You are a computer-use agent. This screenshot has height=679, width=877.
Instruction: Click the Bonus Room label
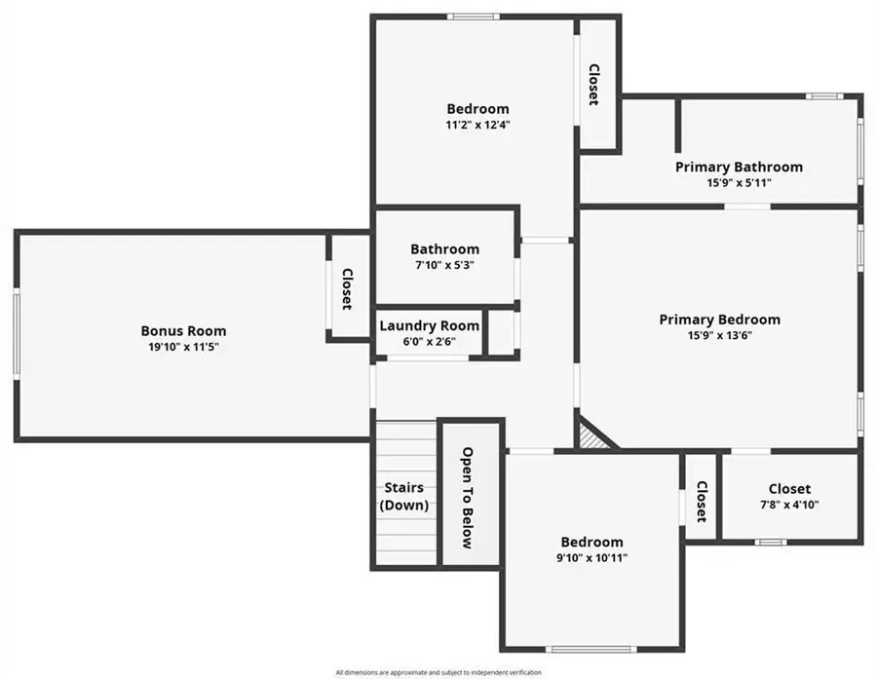tap(183, 331)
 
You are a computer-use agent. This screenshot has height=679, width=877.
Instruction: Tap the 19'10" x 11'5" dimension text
tap(183, 347)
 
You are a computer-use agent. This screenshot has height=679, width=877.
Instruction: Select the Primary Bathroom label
tap(739, 167)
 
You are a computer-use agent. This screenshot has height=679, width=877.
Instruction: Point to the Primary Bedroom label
tap(719, 320)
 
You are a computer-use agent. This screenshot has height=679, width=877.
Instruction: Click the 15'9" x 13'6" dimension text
tap(719, 335)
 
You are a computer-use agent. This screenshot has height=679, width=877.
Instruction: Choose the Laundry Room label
tap(429, 326)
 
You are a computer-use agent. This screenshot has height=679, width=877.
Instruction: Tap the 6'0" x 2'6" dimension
tap(429, 341)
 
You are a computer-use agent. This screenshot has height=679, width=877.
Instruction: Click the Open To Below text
tap(468, 498)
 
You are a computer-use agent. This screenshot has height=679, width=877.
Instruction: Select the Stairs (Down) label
tap(404, 496)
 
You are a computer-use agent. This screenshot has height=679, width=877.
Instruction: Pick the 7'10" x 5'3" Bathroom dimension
tap(444, 265)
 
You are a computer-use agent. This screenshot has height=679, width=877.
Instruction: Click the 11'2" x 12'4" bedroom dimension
tap(477, 125)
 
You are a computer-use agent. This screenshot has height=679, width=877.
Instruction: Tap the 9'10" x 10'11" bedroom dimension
tap(591, 558)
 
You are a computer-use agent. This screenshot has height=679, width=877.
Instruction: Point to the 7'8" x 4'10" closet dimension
tap(788, 505)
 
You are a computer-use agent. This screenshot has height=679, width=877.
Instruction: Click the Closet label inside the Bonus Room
tap(346, 289)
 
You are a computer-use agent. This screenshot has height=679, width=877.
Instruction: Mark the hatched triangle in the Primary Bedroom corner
tap(591, 436)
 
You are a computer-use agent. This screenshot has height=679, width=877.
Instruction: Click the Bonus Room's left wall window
tap(17, 333)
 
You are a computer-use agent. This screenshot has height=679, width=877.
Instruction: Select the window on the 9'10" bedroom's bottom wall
tap(591, 649)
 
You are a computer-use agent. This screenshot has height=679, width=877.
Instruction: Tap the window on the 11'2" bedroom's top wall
tap(474, 17)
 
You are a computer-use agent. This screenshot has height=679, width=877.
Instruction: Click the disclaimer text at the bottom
tap(438, 671)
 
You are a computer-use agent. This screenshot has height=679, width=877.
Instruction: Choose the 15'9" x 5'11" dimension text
tap(739, 182)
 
